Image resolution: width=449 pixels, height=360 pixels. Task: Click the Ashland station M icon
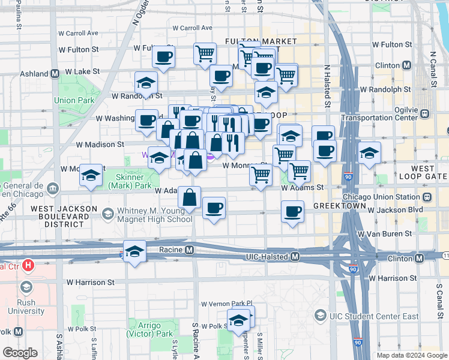coord(55,74)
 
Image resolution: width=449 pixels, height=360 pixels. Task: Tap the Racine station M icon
coord(190,250)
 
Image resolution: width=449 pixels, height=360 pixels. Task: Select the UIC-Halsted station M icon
coord(295,257)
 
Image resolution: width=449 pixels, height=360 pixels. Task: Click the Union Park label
coord(73,100)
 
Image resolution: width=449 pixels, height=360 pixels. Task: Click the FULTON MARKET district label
coord(261,46)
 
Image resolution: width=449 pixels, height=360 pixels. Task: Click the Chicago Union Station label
coord(382,197)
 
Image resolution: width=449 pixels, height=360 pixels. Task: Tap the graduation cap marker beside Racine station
coord(135,251)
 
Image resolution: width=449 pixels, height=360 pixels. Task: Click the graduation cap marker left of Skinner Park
coord(91,176)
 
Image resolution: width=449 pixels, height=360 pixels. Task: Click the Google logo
coord(20,353)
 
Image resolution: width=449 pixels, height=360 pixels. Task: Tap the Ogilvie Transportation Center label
coord(379,114)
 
